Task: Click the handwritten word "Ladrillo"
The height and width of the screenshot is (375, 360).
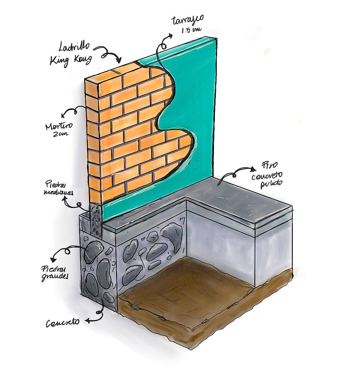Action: [74, 48]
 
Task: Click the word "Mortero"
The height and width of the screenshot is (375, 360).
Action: [59, 127]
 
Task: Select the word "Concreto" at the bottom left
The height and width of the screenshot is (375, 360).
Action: [62, 323]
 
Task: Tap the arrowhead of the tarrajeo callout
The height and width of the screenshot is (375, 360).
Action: [171, 36]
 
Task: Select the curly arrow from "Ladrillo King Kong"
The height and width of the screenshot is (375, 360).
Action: [110, 54]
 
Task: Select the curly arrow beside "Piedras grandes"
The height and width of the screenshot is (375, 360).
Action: [63, 253]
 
